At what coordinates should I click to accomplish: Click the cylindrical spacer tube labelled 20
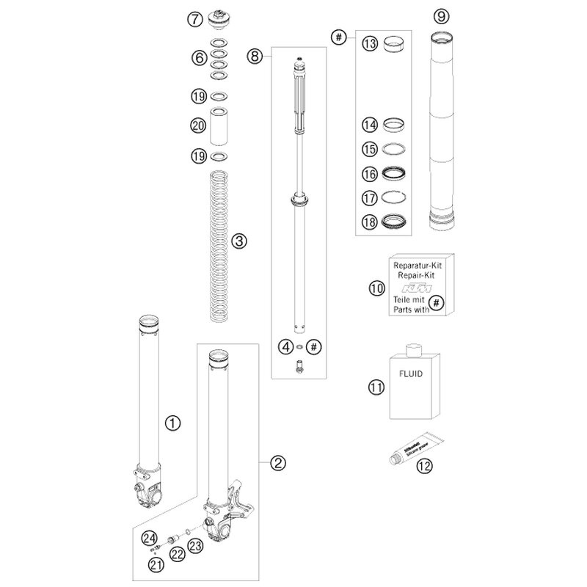pyautogui.click(x=218, y=127)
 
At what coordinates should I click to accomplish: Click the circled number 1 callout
pyautogui.click(x=172, y=422)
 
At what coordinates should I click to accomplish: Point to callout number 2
pyautogui.click(x=277, y=462)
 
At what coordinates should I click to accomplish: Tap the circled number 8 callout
pyautogui.click(x=255, y=55)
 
